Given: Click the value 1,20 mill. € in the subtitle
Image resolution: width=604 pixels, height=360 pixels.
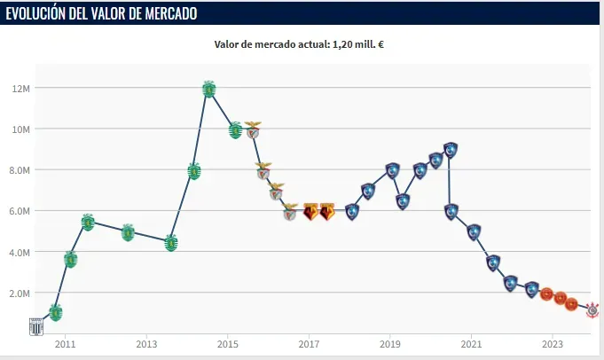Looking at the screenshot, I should coord(352,44).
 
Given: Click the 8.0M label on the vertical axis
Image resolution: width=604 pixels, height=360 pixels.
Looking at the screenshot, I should coord(20,169).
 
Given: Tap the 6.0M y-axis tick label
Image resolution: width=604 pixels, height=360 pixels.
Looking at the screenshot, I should coord(20,211).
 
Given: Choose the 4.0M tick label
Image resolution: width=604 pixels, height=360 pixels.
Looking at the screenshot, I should coord(20,252).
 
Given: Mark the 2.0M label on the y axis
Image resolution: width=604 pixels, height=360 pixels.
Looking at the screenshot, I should coord(20,293).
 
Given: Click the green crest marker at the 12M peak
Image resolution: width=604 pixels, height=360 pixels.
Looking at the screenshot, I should coord(209,89).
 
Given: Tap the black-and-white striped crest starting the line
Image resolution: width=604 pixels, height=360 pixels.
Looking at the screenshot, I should coord(36,325).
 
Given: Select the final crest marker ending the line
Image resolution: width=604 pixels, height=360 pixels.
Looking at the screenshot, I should coord(592,309).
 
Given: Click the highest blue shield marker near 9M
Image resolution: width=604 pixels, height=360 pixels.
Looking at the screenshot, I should coord(451,150).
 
